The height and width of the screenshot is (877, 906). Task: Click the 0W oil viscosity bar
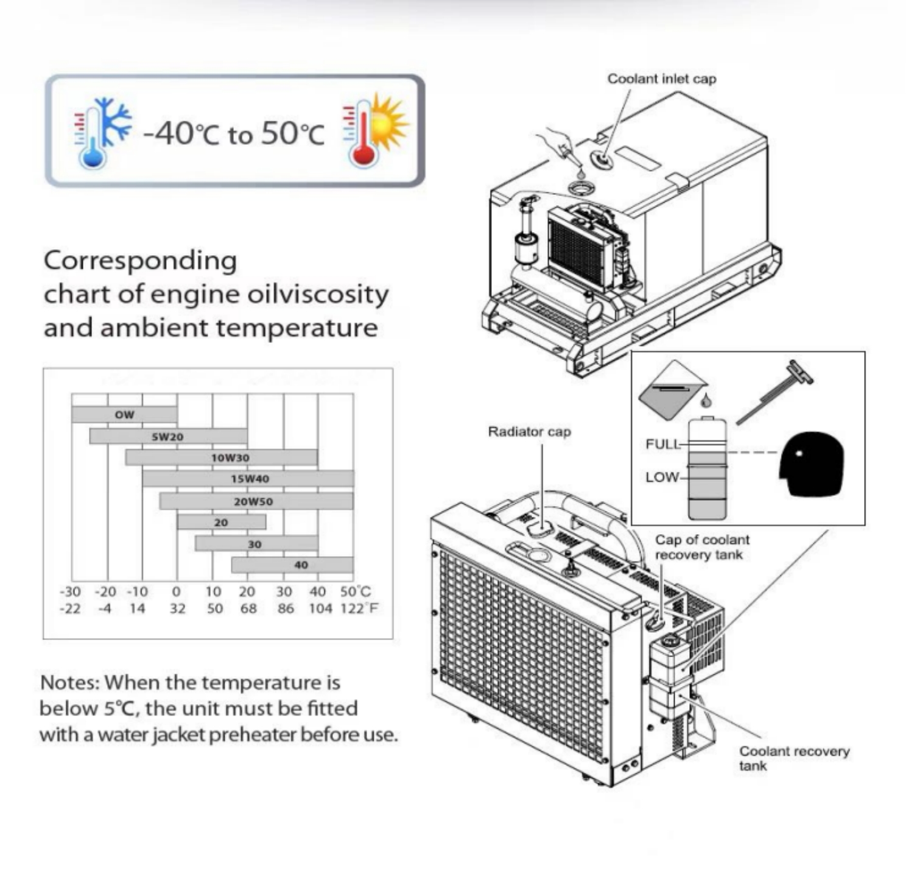point(124,415)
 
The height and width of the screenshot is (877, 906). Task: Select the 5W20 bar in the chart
point(168,437)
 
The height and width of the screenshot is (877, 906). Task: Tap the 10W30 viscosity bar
point(222,457)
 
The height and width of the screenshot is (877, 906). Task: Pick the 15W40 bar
point(248,479)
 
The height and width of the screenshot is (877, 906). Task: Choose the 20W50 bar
point(256,501)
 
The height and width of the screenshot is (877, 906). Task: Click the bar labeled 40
point(292,565)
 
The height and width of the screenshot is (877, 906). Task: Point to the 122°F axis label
point(359,608)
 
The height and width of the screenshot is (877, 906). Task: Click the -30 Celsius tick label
point(70,591)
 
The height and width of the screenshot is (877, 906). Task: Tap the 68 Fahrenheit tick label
point(248,608)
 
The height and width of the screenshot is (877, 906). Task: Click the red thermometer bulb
point(363,155)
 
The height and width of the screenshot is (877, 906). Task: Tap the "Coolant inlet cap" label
point(662,79)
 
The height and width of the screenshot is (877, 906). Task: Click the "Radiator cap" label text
point(529,432)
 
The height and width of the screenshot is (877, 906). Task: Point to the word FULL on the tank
point(663,445)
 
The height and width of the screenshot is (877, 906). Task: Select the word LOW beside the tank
point(662,477)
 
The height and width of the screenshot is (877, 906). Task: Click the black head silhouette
point(812,464)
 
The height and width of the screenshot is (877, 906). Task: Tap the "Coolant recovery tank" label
point(794,758)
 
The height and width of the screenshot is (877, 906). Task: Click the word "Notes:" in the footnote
point(69,683)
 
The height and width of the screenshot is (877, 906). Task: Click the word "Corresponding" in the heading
point(140,261)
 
